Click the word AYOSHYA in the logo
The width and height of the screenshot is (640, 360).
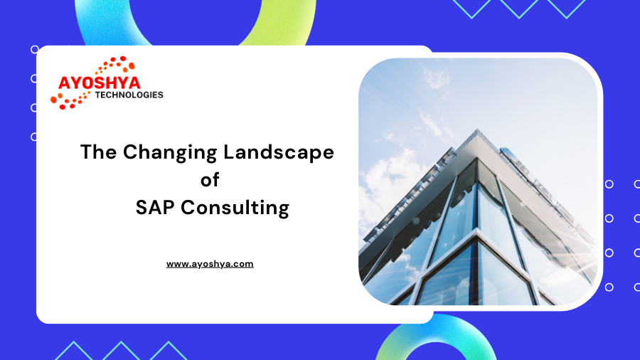99,83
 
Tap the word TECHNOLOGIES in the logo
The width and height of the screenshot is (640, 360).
129,95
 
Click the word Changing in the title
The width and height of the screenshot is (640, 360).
170,153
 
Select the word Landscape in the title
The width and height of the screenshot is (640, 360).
279,152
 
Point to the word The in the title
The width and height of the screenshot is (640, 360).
98,152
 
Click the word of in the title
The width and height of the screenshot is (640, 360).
210,179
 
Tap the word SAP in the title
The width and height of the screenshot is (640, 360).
155,207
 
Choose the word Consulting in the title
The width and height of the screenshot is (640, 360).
235,208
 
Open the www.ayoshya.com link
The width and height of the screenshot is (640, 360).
210,264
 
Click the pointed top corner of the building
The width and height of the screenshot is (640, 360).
477,130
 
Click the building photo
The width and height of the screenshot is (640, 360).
478,181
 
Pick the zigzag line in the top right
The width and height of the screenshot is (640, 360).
519,9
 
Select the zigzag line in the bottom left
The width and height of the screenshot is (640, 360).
121,350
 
